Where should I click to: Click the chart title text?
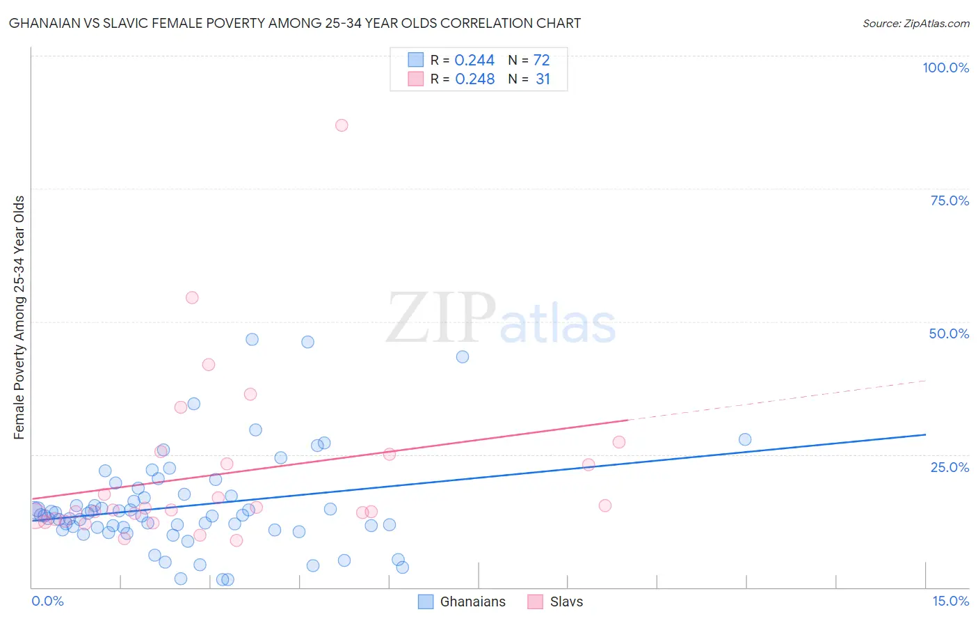(x=294, y=23)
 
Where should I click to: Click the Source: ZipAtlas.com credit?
(x=915, y=23)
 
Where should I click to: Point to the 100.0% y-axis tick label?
(x=945, y=68)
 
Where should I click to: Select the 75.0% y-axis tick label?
(x=949, y=201)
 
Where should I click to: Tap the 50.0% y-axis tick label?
(x=949, y=333)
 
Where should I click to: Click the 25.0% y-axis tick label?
(x=949, y=466)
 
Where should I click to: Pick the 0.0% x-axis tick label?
(x=47, y=601)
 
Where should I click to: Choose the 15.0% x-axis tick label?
(x=950, y=601)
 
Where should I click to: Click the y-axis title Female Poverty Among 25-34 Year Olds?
(x=19, y=317)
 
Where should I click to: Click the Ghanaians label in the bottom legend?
(x=472, y=602)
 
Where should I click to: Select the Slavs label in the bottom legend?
(x=566, y=602)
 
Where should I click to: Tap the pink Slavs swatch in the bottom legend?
(x=535, y=602)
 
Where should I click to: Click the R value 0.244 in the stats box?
(x=474, y=61)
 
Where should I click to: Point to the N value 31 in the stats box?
(x=543, y=79)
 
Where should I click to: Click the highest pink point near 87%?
(x=342, y=125)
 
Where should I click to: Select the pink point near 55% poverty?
(x=192, y=297)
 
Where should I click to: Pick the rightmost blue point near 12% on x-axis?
(x=745, y=439)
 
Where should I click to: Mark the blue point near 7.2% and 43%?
(x=463, y=356)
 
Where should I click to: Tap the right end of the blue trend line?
(x=924, y=434)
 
